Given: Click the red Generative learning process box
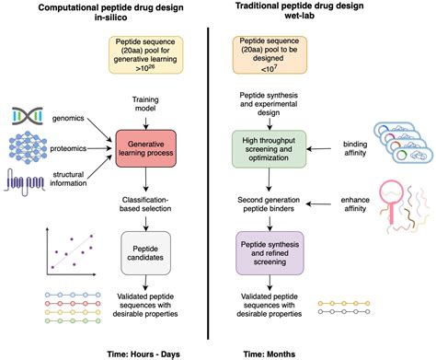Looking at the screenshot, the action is coord(146,149).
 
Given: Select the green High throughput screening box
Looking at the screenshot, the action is coord(269,149).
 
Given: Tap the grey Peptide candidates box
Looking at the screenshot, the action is coord(145,253).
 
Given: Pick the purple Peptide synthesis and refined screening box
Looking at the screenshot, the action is coord(270,253).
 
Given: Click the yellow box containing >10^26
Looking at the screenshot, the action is coord(145,55).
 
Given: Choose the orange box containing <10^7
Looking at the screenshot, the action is coord(270,55).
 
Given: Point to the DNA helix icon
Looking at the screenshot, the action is coord(28,116).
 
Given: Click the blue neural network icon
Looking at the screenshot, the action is coord(28,147).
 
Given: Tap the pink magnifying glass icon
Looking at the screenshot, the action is coord(391,201).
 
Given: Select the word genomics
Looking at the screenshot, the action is coord(68,119).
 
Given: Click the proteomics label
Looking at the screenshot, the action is coord(68,148).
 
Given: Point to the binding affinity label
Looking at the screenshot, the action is coord(355,148).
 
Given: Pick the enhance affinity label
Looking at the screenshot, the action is coord(355,204).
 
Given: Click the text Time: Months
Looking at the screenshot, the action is coord(270,354).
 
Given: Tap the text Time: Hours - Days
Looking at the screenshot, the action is coord(143,354).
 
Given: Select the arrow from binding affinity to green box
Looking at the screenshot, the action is coord(319,149).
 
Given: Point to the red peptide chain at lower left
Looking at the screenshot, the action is coord(73,304).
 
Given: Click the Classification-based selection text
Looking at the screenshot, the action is coord(145,204).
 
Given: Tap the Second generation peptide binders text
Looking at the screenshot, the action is coord(269,204).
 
